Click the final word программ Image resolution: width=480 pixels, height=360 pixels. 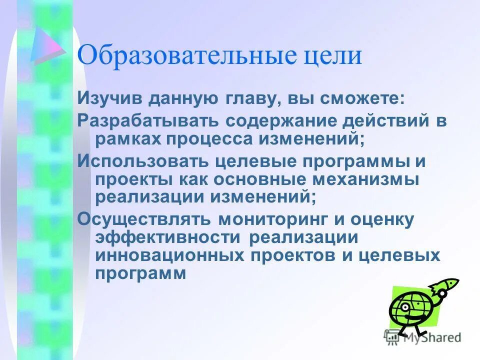coord(140,273)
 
